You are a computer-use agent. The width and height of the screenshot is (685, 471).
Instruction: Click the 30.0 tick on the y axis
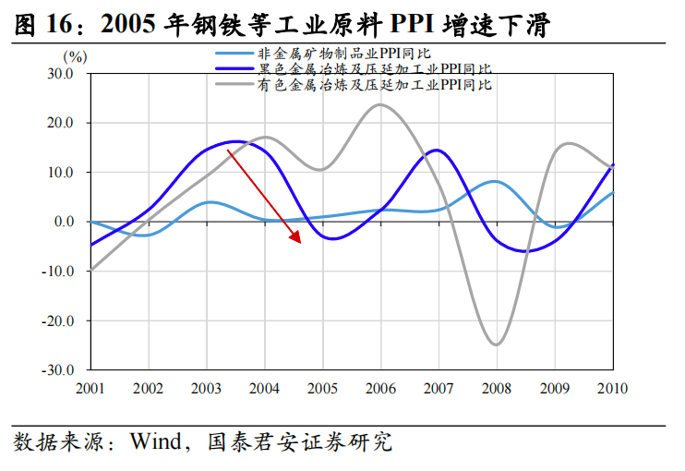pyautogui.click(x=60, y=73)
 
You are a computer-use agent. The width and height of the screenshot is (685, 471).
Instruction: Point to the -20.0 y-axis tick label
pyautogui.click(x=57, y=321)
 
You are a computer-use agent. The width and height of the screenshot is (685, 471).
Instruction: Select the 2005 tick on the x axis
pyautogui.click(x=322, y=388)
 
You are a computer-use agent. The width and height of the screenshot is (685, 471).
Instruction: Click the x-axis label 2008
pyautogui.click(x=497, y=388)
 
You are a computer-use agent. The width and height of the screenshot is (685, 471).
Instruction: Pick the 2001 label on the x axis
pyautogui.click(x=90, y=388)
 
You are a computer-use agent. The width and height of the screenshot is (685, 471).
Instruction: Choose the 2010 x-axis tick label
pyautogui.click(x=612, y=388)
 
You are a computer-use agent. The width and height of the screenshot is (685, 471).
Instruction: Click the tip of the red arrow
pyautogui.click(x=301, y=243)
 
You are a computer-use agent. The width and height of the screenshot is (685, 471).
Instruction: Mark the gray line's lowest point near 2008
pyautogui.click(x=497, y=344)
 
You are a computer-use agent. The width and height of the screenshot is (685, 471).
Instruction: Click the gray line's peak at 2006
pyautogui.click(x=380, y=104)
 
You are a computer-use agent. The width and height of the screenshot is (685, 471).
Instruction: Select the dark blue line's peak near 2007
pyautogui.click(x=436, y=151)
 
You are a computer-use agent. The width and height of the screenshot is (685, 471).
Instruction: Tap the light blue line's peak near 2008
pyautogui.click(x=496, y=182)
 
